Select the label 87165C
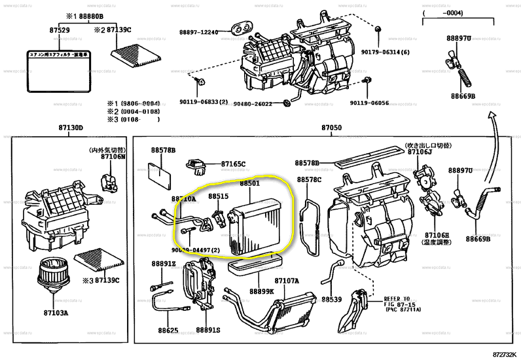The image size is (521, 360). point(232,164)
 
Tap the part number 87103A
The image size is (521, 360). point(56,313)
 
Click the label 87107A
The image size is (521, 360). point(287,281)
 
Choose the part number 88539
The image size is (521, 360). point(331,299)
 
